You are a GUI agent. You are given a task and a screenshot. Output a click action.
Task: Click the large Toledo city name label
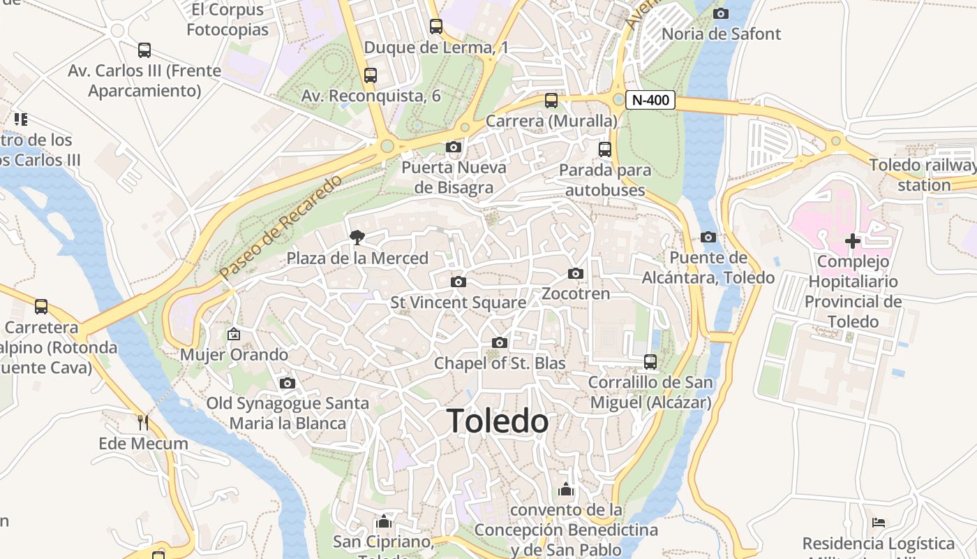tap(498, 421)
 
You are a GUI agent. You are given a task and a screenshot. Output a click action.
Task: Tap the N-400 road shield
tap(650, 100)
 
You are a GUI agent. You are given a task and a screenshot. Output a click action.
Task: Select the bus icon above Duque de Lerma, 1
tap(436, 27)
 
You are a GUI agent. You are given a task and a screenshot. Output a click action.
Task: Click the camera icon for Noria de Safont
tap(721, 13)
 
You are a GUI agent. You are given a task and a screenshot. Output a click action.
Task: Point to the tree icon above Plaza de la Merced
tap(357, 238)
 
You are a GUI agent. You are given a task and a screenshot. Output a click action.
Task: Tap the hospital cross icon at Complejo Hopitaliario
tap(852, 241)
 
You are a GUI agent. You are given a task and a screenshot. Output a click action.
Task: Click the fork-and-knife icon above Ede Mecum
tap(143, 423)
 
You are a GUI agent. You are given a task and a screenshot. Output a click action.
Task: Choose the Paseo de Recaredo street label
tap(281, 227)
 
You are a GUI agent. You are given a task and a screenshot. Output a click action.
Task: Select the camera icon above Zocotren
tap(576, 273)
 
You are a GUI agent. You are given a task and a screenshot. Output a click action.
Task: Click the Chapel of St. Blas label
tap(500, 363)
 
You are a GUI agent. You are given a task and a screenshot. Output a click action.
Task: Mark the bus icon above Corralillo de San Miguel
tap(650, 362)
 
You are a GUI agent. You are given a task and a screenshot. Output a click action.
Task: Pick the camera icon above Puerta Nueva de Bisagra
tap(454, 147)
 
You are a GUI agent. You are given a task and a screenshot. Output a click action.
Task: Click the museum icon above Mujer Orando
tap(234, 334)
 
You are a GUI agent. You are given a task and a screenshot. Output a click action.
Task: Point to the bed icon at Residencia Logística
tap(879, 523)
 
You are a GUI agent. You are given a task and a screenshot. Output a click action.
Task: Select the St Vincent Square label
tap(458, 303)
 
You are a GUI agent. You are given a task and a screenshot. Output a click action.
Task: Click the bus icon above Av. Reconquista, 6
tap(371, 75)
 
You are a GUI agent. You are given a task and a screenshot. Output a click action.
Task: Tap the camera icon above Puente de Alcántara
tap(708, 238)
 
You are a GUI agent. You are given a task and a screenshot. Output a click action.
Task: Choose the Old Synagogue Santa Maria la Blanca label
tap(288, 413)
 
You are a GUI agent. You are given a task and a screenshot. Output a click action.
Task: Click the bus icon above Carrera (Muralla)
tap(551, 101)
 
